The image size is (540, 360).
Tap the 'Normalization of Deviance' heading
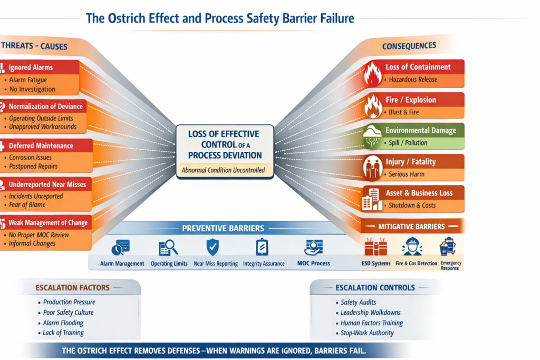click(x=46, y=106)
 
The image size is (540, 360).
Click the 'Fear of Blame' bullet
click(x=27, y=205)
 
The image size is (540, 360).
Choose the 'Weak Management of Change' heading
click(x=48, y=222)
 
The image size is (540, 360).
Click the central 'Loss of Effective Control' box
click(x=225, y=144)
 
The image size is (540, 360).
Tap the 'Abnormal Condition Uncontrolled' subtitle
click(x=224, y=170)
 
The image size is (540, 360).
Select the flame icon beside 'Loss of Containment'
click(x=373, y=74)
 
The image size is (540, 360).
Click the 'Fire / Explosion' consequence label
click(x=411, y=100)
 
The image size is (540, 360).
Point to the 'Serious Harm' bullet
click(x=407, y=174)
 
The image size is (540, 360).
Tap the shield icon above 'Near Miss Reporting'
click(x=212, y=246)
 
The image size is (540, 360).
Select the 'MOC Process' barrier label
click(x=313, y=263)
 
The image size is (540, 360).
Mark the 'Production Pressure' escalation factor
click(x=68, y=302)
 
